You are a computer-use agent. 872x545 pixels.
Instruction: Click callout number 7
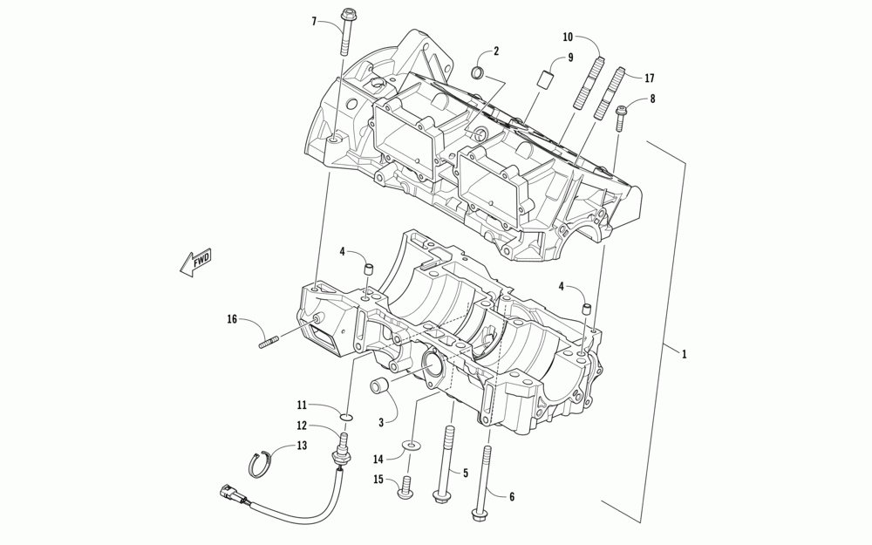314,20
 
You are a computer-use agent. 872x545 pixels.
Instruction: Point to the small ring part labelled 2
479,72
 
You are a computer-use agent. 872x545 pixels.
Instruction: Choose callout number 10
568,37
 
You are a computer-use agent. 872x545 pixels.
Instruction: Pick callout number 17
650,78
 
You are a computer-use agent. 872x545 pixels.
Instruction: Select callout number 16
232,320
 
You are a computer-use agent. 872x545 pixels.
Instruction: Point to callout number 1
685,354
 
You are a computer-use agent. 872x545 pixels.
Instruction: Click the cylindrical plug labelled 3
380,386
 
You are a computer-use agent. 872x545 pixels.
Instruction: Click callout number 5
466,473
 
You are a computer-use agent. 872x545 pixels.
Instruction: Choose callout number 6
512,496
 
